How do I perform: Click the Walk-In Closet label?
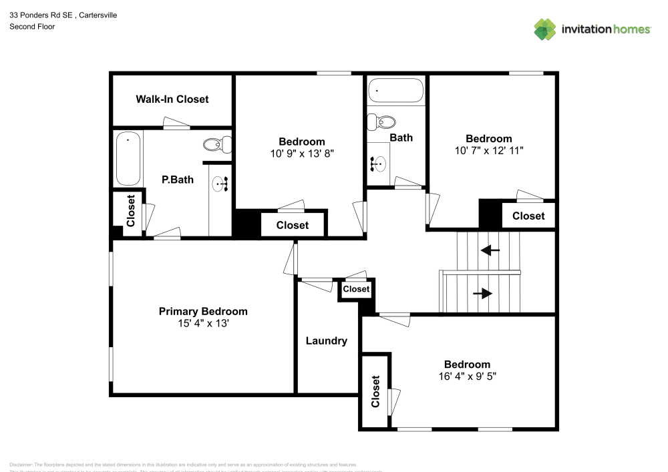[172, 99]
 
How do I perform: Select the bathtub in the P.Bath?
[128, 159]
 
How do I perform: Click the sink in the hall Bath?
[379, 162]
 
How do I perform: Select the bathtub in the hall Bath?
[395, 91]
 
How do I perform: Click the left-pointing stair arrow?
[490, 250]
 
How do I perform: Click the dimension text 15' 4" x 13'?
[203, 324]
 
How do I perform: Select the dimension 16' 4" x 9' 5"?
[467, 377]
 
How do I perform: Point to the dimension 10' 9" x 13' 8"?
[302, 154]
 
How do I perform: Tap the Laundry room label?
[327, 341]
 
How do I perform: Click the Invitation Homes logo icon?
[545, 29]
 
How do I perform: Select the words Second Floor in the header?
[32, 27]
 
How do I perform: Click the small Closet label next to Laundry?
[356, 289]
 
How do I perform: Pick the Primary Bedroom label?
[203, 312]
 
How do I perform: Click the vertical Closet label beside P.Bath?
[131, 210]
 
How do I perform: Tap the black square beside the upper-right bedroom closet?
[490, 214]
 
